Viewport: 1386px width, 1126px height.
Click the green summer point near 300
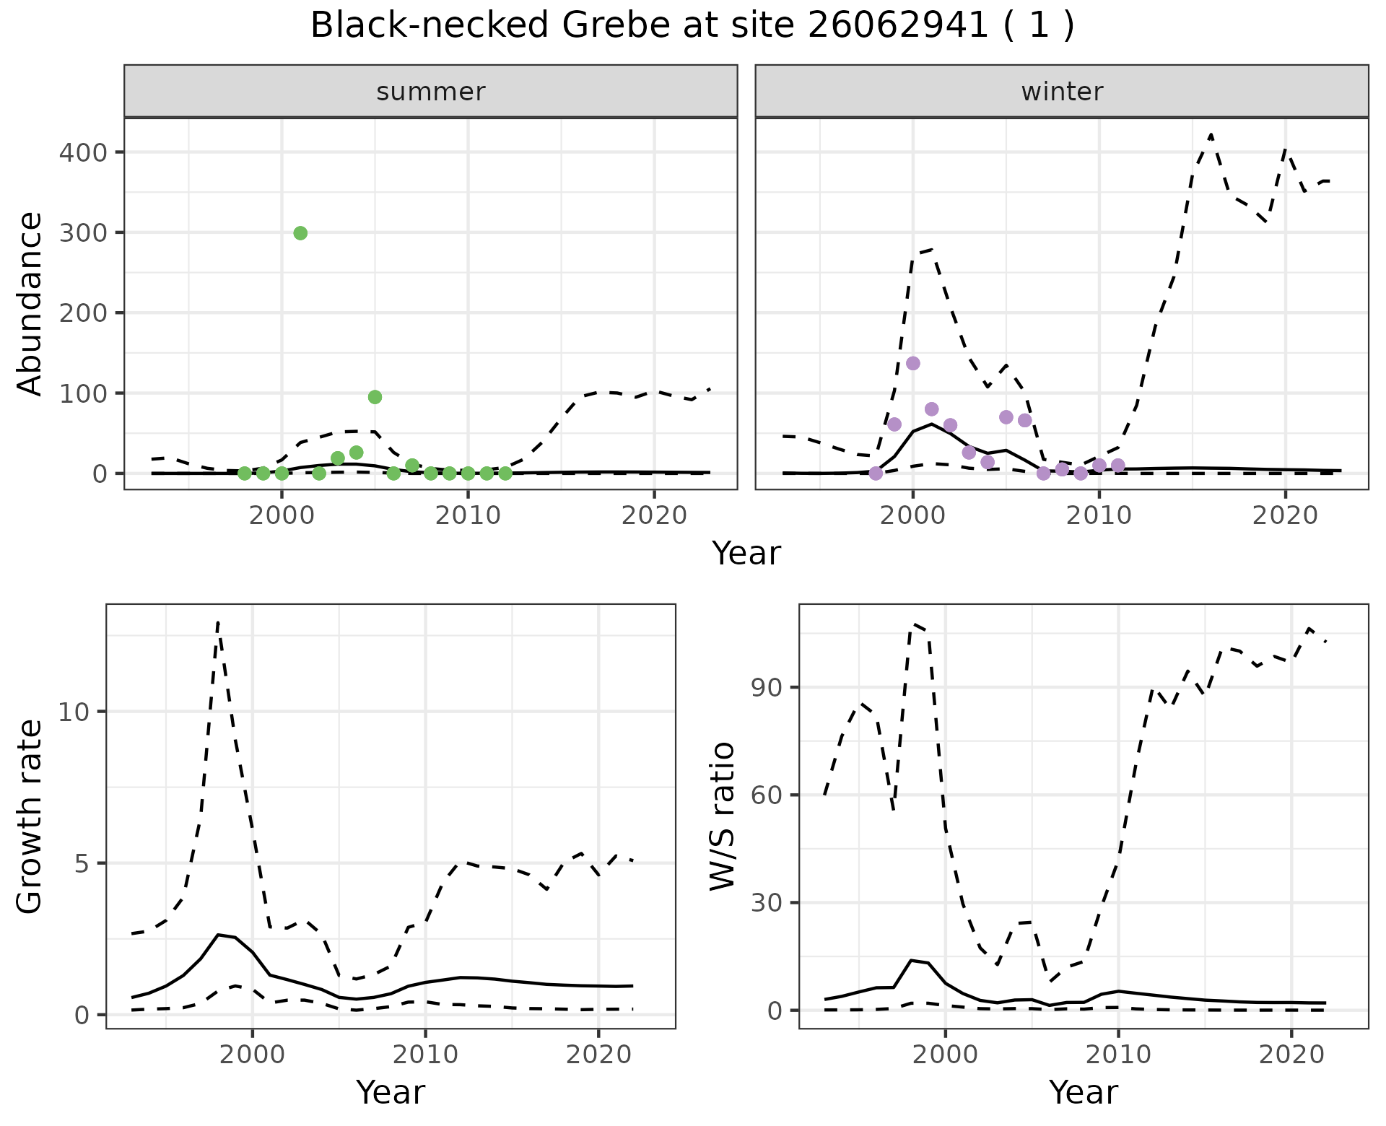[x=300, y=233]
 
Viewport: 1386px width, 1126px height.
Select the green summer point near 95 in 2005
[x=375, y=397]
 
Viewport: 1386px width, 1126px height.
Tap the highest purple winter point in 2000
[x=912, y=363]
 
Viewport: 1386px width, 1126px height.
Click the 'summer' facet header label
[x=431, y=92]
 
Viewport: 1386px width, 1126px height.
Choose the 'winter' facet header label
[x=1062, y=92]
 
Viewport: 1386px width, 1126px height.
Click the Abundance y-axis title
[x=30, y=304]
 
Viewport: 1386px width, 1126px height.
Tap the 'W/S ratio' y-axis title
[x=723, y=816]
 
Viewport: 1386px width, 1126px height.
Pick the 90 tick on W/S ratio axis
[x=768, y=687]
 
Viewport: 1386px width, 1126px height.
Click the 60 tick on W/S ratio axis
[x=768, y=795]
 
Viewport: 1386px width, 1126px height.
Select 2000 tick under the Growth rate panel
[x=252, y=1055]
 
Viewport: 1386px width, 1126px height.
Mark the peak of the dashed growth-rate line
[x=218, y=621]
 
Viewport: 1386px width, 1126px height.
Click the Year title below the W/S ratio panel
[x=1083, y=1092]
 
